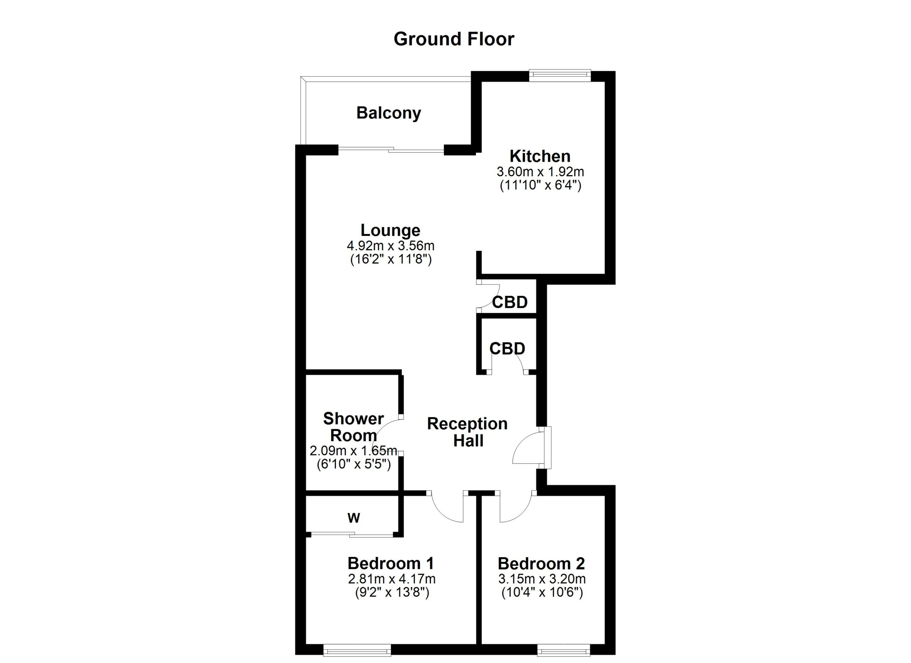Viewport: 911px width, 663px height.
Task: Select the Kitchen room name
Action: pos(540,156)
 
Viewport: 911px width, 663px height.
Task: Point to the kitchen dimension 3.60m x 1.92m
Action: pos(540,172)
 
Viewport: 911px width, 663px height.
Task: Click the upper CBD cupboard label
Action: pos(510,302)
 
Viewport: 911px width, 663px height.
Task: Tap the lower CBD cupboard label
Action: pos(507,348)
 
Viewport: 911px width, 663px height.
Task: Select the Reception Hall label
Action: pos(468,432)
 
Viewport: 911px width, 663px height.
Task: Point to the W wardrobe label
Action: pos(353,518)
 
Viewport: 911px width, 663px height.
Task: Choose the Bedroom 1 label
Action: pos(390,563)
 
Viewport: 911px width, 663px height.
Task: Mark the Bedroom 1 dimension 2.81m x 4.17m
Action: pos(392,579)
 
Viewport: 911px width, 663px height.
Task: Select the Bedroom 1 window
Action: pos(357,650)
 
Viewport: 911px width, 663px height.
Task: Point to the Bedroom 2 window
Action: pos(564,650)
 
